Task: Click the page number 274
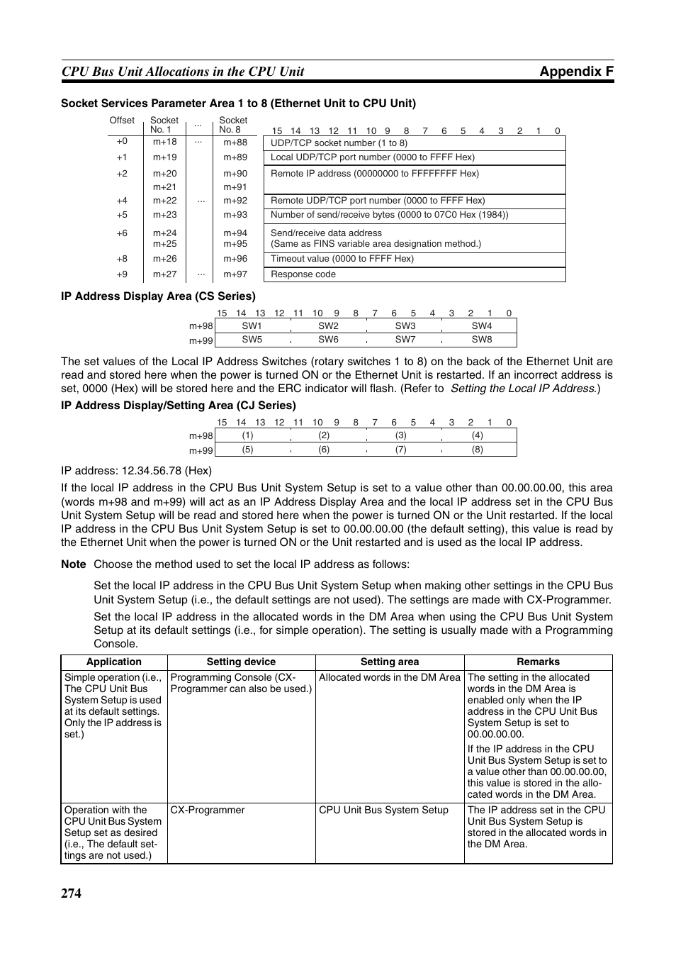(71, 893)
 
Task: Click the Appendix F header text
(576, 71)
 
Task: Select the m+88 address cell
(235, 143)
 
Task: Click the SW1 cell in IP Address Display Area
(252, 326)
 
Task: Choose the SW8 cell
(482, 340)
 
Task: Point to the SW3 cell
(405, 326)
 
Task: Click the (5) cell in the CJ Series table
(247, 450)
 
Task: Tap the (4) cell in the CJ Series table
(478, 435)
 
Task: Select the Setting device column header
(241, 662)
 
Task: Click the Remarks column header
(538, 662)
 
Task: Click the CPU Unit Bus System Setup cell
(383, 810)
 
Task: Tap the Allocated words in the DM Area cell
(390, 677)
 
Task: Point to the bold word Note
(73, 564)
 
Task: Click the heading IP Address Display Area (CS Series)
(158, 296)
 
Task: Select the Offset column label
(122, 121)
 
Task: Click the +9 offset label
(122, 274)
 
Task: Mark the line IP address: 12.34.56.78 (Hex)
(136, 470)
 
